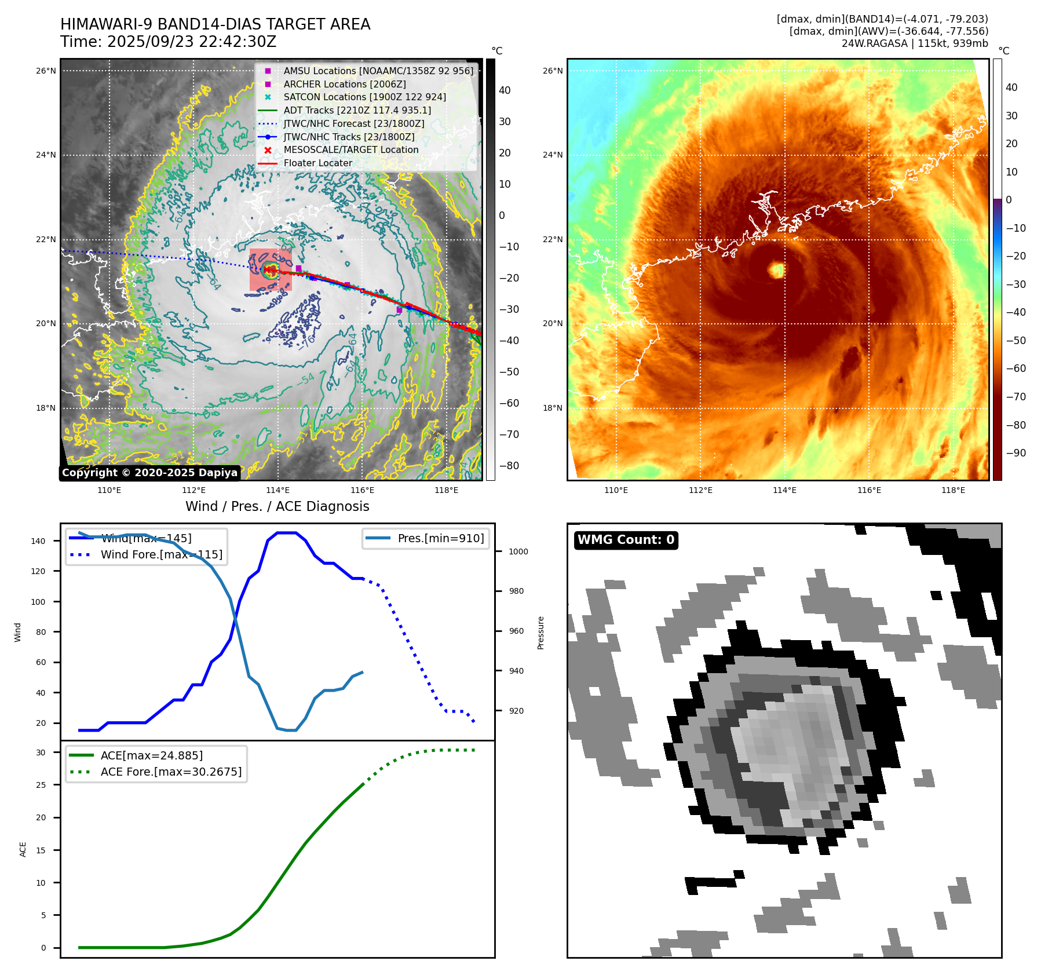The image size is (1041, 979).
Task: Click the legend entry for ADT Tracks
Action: point(357,110)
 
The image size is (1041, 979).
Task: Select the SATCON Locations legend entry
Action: point(364,97)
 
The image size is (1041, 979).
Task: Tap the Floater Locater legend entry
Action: point(317,163)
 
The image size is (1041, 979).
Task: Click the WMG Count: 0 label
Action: point(626,540)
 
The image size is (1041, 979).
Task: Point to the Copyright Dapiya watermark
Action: point(149,473)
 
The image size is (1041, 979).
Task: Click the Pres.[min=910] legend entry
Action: point(440,538)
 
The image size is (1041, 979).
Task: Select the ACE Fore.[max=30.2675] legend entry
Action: point(171,772)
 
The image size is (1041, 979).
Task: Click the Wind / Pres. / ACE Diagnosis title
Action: point(277,506)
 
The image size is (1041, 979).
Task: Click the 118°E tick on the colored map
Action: point(953,490)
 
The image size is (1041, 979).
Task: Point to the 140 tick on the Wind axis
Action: point(38,541)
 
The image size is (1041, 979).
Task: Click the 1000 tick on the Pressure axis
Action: point(518,551)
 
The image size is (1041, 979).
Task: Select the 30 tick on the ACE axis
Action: point(41,752)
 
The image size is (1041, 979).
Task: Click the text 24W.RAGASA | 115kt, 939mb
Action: point(915,43)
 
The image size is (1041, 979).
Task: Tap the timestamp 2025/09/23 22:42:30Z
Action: point(192,42)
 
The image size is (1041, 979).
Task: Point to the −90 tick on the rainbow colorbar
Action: point(1016,453)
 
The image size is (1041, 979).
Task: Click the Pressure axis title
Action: point(540,633)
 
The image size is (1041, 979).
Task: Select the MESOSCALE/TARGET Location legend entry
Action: point(350,149)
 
